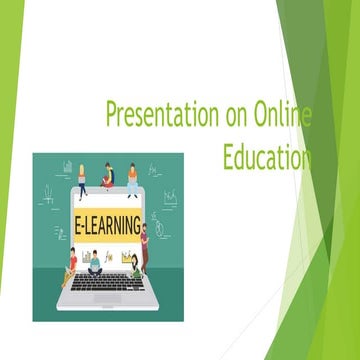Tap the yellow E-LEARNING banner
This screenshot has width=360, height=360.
click(x=107, y=225)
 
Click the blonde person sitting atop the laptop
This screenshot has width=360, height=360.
click(x=82, y=180)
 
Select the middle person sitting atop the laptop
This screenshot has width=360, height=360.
click(x=108, y=177)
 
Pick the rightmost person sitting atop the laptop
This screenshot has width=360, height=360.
click(x=132, y=180)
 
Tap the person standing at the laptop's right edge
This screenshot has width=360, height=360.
click(x=144, y=245)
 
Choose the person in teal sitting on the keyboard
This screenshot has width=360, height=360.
click(x=95, y=263)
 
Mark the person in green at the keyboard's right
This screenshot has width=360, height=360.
click(x=135, y=266)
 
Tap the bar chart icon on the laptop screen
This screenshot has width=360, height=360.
click(x=127, y=257)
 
